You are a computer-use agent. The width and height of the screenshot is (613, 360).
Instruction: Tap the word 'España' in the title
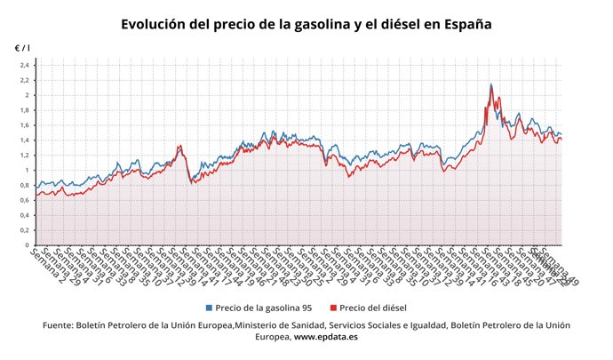tap(461, 24)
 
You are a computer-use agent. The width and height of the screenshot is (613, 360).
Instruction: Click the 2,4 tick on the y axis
tap(25, 66)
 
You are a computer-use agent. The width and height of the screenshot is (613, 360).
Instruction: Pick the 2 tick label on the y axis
tap(28, 95)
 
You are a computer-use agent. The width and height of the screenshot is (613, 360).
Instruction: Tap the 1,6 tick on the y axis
tap(25, 125)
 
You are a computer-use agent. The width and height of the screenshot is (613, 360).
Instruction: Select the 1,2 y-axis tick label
tap(25, 156)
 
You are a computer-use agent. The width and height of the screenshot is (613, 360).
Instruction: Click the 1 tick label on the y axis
tap(28, 171)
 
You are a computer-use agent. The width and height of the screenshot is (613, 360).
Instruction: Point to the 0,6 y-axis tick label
tap(25, 200)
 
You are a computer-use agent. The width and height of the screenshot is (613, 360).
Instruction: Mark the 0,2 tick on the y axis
tap(25, 230)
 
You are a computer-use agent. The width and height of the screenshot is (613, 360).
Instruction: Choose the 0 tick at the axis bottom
tap(28, 245)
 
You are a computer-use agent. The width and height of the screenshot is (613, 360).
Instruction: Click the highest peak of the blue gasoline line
tap(491, 84)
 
